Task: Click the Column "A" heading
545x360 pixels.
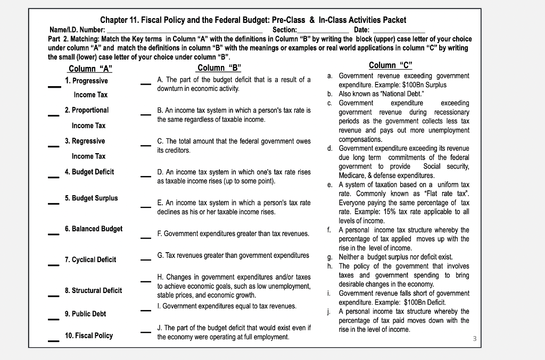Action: point(90,68)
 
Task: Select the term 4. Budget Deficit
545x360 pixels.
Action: point(89,172)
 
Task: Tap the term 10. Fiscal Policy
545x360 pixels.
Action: point(88,336)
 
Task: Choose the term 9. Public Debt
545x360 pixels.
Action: point(85,314)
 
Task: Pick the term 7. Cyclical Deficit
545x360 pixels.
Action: point(90,259)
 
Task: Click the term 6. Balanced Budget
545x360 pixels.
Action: point(93,229)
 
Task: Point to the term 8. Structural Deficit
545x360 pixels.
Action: point(93,290)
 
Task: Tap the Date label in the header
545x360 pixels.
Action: point(361,30)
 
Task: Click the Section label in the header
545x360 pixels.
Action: point(284,30)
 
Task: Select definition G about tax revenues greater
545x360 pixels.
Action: point(233,255)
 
